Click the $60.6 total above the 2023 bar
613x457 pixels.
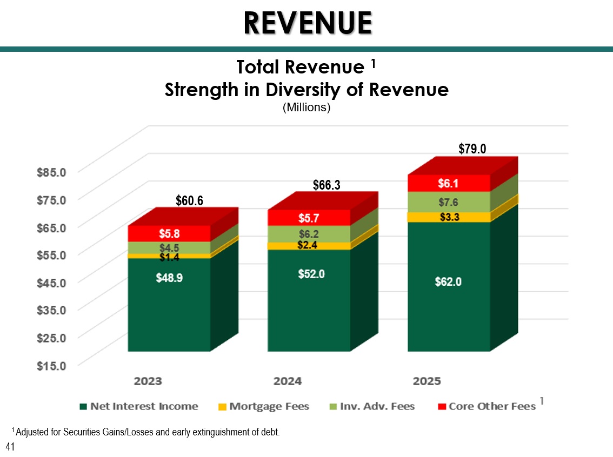click(189, 200)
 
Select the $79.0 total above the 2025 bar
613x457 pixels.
click(472, 149)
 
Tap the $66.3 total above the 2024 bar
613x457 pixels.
click(327, 185)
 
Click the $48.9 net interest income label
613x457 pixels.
click(169, 278)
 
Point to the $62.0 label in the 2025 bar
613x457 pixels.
click(449, 281)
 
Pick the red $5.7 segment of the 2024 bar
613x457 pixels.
click(309, 218)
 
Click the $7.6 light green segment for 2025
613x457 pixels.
click(449, 202)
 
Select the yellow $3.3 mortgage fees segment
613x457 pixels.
click(449, 217)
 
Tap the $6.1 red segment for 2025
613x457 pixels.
click(449, 183)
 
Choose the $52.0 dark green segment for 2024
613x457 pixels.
click(309, 300)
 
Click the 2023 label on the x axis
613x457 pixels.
click(148, 381)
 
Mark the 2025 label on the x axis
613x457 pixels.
click(427, 381)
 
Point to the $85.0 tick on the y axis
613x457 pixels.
click(51, 172)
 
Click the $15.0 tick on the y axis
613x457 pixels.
click(51, 366)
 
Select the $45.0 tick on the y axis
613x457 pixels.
click(51, 283)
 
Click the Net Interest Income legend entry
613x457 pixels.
click(139, 407)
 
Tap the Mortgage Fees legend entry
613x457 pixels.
click(263, 407)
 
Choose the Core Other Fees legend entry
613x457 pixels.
click(487, 407)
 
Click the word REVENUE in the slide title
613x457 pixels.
click(308, 23)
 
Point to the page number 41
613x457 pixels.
click(10, 447)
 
